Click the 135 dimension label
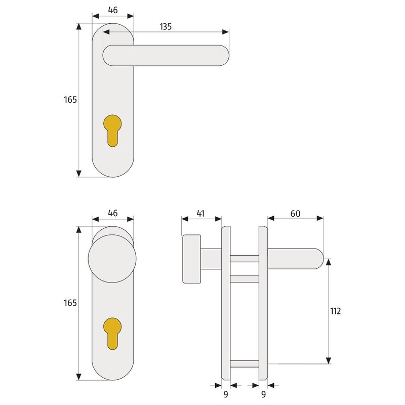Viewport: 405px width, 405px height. [166, 27]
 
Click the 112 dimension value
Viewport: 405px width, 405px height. [335, 311]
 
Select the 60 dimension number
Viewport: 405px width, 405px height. [295, 214]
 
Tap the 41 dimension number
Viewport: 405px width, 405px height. [200, 214]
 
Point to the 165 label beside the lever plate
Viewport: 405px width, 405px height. [70, 99]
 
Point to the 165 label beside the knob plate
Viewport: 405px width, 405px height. [70, 303]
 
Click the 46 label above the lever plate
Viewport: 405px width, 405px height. [113, 10]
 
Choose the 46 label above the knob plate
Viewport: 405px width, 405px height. [113, 213]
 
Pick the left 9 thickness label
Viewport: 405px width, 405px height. [226, 394]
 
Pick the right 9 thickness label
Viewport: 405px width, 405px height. [263, 394]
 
